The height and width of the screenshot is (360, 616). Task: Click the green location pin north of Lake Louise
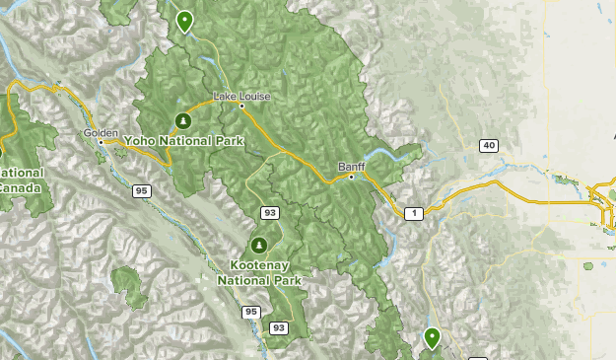pos(184,21)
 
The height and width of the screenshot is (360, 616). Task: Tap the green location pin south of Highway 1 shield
pos(432,338)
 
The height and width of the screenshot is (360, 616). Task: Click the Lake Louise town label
pos(240,96)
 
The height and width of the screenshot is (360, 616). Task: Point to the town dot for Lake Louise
pos(241,106)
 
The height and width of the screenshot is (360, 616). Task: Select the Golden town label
pos(102,132)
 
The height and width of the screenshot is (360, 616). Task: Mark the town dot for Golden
pos(101,142)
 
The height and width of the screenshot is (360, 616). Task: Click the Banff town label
pos(351,166)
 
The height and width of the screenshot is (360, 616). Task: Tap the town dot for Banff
pos(352,177)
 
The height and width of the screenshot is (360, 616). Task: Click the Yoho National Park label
pos(183,141)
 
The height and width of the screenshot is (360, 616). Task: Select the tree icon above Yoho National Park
pos(183,121)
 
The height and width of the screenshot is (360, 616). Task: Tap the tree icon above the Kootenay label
pos(260,245)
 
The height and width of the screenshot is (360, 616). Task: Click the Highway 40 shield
pos(489,146)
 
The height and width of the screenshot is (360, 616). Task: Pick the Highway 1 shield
pos(414,213)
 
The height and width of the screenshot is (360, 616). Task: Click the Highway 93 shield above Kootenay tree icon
pos(269,213)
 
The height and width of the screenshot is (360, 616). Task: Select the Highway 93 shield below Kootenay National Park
pos(279,327)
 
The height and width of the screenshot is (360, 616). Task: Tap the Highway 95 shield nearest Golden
pos(143,190)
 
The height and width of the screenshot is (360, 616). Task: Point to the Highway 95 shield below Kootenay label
pos(251,312)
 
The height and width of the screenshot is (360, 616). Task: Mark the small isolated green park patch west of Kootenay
pos(129,284)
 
